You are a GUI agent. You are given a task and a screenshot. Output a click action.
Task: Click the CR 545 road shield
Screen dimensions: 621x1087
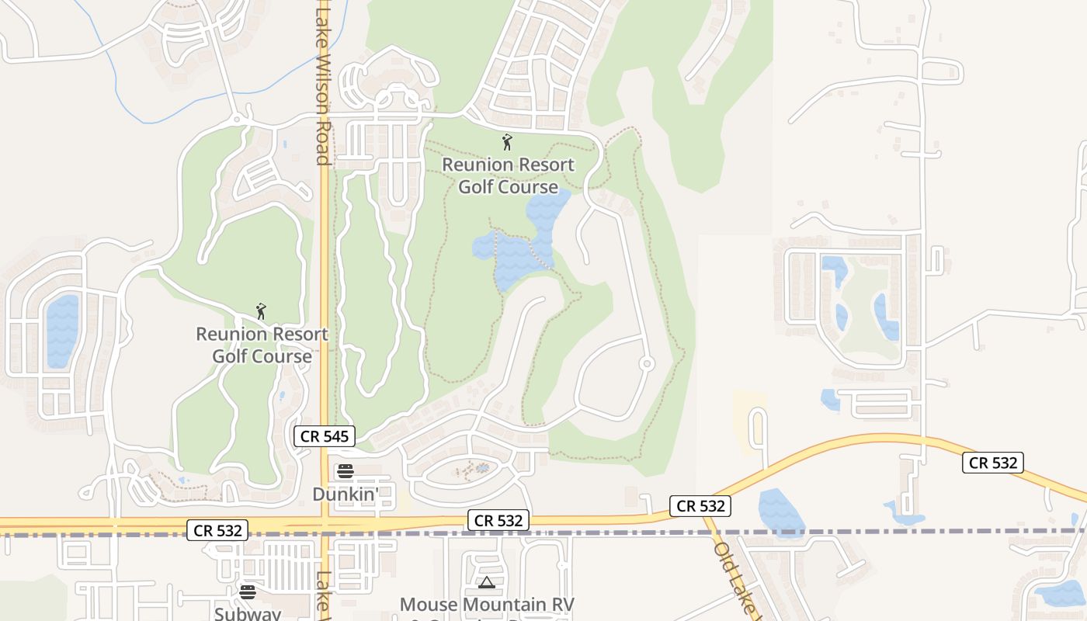pyautogui.click(x=325, y=436)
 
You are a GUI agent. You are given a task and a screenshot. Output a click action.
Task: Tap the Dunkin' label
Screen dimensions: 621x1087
pyautogui.click(x=346, y=494)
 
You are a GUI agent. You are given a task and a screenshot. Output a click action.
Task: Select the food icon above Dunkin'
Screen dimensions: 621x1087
pyautogui.click(x=346, y=471)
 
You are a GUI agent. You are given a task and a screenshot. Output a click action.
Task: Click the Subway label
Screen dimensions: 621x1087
pyautogui.click(x=248, y=613)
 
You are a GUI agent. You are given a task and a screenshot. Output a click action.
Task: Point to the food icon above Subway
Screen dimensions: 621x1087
pyautogui.click(x=248, y=592)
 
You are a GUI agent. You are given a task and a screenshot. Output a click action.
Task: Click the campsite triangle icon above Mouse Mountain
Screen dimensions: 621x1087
pyautogui.click(x=487, y=582)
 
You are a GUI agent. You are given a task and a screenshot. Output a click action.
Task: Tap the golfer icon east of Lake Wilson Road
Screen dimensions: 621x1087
pyautogui.click(x=507, y=142)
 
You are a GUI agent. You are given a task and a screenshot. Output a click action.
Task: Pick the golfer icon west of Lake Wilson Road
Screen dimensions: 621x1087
pyautogui.click(x=262, y=311)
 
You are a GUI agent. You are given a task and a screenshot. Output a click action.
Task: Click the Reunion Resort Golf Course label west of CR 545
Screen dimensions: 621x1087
pyautogui.click(x=262, y=345)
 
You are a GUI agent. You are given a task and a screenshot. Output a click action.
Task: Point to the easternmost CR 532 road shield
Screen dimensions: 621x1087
pyautogui.click(x=994, y=463)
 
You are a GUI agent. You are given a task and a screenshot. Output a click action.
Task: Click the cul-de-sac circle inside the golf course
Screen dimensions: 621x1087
pyautogui.click(x=646, y=363)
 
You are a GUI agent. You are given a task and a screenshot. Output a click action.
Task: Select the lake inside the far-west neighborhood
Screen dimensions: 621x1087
pyautogui.click(x=62, y=330)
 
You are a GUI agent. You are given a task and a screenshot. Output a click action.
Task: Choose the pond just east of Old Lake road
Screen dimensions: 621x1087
pyautogui.click(x=780, y=512)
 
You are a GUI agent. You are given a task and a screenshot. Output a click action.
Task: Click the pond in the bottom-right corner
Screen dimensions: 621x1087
pyautogui.click(x=1064, y=594)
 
